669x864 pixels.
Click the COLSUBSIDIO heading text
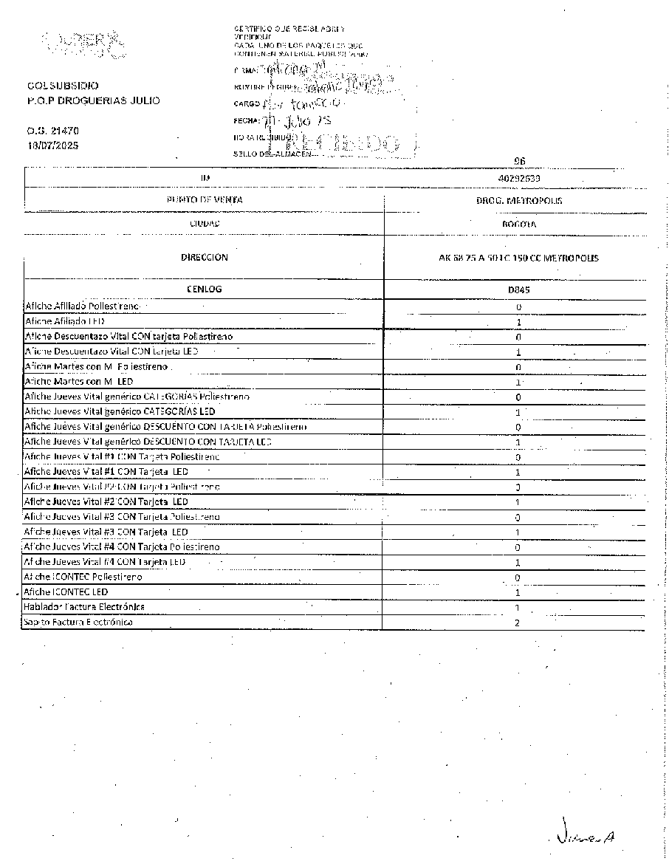pyautogui.click(x=63, y=86)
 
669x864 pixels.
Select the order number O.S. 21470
pyautogui.click(x=52, y=131)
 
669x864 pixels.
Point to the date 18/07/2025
pyautogui.click(x=52, y=145)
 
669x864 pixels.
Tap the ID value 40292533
pyautogui.click(x=518, y=178)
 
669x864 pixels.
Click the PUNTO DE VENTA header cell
pyautogui.click(x=205, y=200)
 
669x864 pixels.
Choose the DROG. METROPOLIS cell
pyautogui.click(x=518, y=201)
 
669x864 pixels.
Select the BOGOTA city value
pyautogui.click(x=518, y=223)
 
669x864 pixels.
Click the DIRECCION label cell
pyautogui.click(x=205, y=258)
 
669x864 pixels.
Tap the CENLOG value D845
pyautogui.click(x=518, y=290)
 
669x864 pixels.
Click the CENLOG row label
pyautogui.click(x=205, y=289)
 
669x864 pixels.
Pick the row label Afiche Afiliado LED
pyautogui.click(x=64, y=322)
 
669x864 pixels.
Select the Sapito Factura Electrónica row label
pyautogui.click(x=78, y=623)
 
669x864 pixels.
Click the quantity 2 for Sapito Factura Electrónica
pyautogui.click(x=518, y=623)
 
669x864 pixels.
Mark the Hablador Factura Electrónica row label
pyautogui.click(x=84, y=607)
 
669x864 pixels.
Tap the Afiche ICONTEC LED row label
pyautogui.click(x=66, y=592)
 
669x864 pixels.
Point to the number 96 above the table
pyautogui.click(x=519, y=161)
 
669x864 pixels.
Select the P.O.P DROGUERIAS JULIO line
pyautogui.click(x=93, y=100)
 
